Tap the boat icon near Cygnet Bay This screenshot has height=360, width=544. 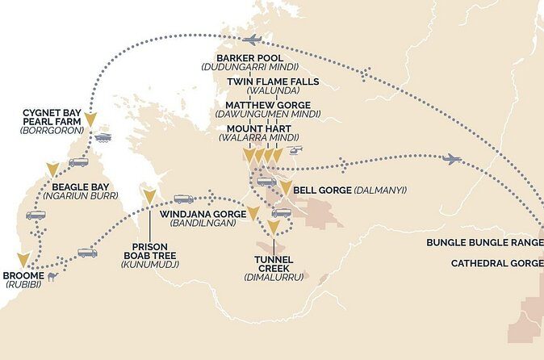[103, 137]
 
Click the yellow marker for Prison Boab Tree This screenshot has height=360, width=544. [149, 195]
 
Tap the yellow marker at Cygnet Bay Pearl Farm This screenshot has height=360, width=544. [90, 121]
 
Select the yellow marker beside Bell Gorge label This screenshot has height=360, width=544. [286, 189]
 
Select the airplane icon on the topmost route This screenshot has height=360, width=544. [253, 40]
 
